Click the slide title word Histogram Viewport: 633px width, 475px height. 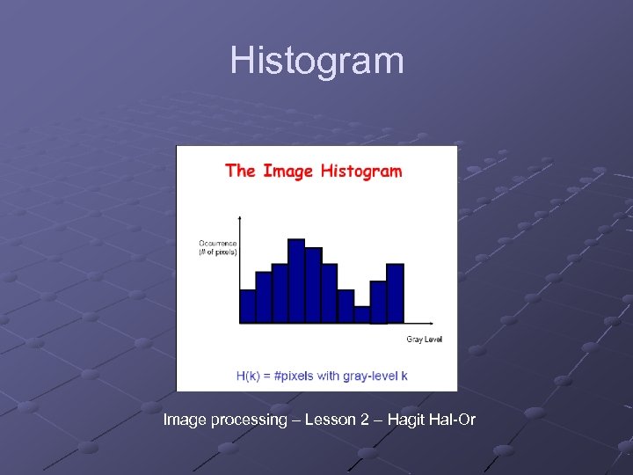click(316, 61)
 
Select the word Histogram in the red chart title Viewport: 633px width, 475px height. click(360, 171)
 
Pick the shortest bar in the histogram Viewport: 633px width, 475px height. click(361, 314)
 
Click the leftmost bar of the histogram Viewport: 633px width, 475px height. click(247, 306)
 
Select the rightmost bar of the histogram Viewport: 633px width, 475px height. click(395, 293)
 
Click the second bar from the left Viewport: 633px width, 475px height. click(264, 297)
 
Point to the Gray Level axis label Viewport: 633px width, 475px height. click(424, 339)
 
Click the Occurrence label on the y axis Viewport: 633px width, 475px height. click(216, 243)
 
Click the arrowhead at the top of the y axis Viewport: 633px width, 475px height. click(240, 216)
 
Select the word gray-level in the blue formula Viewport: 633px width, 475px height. click(369, 376)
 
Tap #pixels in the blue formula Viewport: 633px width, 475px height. click(292, 376)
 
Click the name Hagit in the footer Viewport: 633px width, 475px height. click(404, 420)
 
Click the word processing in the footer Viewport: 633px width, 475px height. click(249, 420)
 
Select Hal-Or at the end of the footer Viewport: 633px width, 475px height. click(453, 420)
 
